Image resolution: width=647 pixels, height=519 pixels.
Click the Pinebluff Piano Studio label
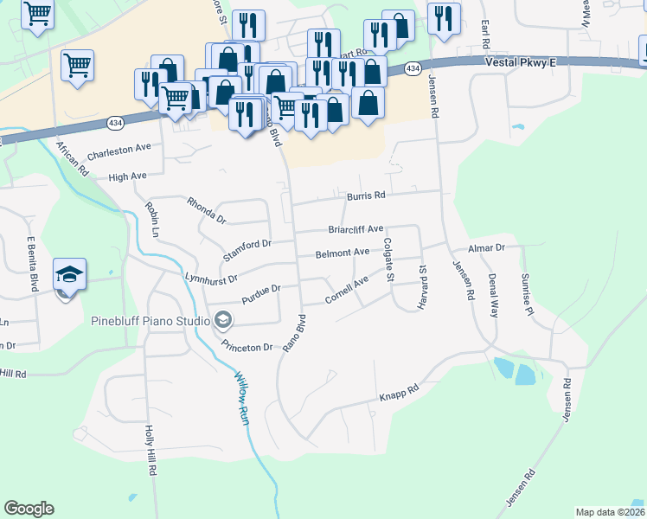[x=151, y=321]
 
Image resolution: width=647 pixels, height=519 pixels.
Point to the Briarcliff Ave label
[x=355, y=229]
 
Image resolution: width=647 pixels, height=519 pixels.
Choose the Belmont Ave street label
[x=343, y=253]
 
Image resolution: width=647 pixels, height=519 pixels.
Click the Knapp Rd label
[x=399, y=395]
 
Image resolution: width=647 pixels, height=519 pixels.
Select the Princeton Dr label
[x=247, y=346]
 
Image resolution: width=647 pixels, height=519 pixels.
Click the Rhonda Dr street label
[x=205, y=209]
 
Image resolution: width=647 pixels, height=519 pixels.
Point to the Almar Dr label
[x=486, y=248]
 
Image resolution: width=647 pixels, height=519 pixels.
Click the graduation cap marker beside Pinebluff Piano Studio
[x=223, y=321]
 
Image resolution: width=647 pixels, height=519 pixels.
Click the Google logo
[x=29, y=509]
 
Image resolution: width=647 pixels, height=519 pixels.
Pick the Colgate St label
[x=388, y=260]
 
